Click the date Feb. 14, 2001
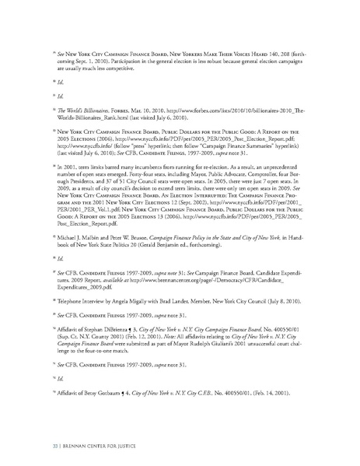pyautogui.click(x=278, y=373)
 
